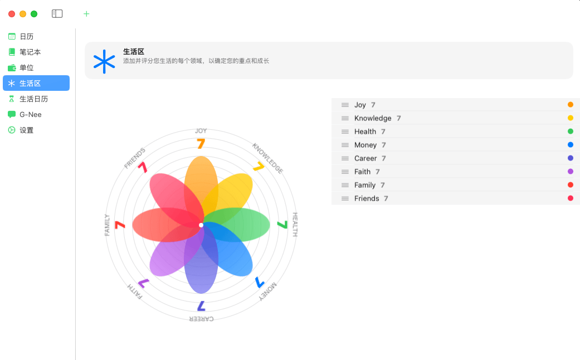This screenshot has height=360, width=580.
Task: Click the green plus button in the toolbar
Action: (x=86, y=14)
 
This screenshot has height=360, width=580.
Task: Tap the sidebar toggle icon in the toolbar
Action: (x=57, y=14)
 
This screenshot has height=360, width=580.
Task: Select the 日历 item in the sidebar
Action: (x=26, y=36)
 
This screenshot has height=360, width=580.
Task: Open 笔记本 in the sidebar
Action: (x=30, y=52)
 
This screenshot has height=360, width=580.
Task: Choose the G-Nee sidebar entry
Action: (x=30, y=114)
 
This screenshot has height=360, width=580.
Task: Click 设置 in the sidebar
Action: (x=26, y=130)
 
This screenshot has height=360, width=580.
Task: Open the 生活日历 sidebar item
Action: (x=33, y=99)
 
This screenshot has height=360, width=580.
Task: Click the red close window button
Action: (x=12, y=14)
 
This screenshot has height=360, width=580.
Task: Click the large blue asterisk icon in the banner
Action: (x=104, y=61)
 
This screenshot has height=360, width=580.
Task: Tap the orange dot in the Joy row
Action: (x=571, y=105)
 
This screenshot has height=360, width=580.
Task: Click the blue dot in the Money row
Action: (x=571, y=145)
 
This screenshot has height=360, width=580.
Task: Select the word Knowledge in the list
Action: (x=373, y=118)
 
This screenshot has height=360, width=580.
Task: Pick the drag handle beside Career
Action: (x=345, y=158)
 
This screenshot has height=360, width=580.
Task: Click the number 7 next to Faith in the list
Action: (x=378, y=172)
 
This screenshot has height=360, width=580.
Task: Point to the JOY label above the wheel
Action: (x=201, y=130)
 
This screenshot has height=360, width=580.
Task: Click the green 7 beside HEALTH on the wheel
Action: (x=282, y=225)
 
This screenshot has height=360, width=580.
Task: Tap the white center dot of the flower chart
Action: (x=201, y=225)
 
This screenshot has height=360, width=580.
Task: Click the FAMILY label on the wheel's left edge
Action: (x=107, y=225)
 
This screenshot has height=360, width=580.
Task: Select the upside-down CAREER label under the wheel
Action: (x=201, y=319)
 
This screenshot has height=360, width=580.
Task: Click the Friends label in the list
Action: (x=367, y=198)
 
